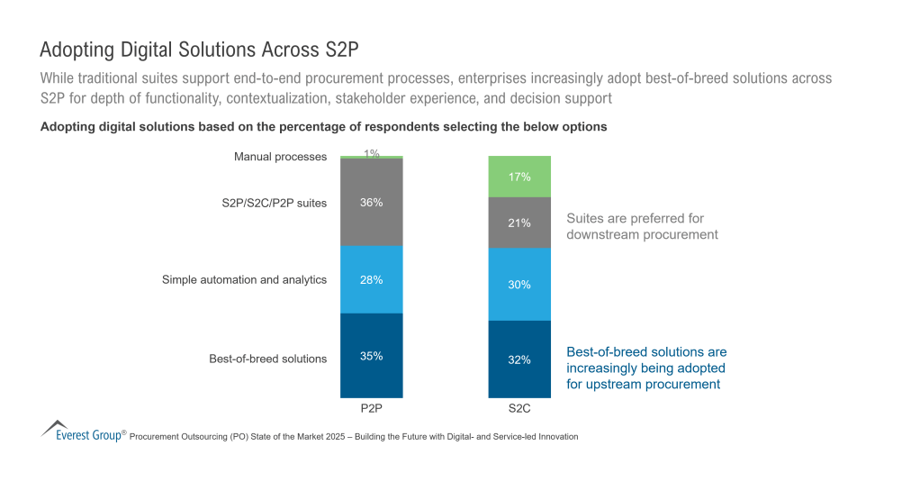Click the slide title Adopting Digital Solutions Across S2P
click(205, 49)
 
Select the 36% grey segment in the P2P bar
click(371, 202)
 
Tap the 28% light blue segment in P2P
click(371, 279)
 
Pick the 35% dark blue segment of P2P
click(371, 355)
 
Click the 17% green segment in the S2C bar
click(519, 177)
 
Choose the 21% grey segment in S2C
click(519, 223)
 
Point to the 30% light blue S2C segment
click(519, 284)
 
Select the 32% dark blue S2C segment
click(519, 359)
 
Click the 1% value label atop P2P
click(371, 153)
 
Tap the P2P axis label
click(371, 408)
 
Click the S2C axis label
click(519, 408)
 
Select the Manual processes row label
click(280, 157)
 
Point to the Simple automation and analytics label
click(244, 279)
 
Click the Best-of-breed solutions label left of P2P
click(267, 359)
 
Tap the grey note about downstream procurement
click(642, 226)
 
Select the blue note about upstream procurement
click(645, 368)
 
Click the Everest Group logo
click(81, 431)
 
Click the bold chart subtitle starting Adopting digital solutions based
click(323, 127)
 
